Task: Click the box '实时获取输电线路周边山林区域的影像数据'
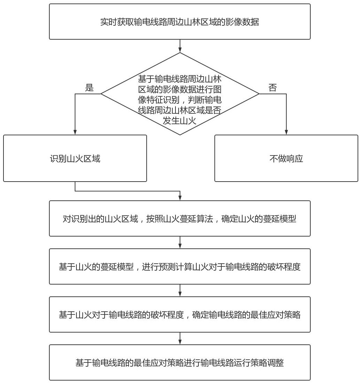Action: [x=180, y=22]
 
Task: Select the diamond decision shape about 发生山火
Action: [x=180, y=94]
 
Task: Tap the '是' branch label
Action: [x=89, y=87]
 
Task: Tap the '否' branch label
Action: [x=273, y=87]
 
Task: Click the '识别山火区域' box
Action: [x=75, y=158]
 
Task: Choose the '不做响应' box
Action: [x=286, y=158]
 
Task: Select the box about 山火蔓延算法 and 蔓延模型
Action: [x=180, y=218]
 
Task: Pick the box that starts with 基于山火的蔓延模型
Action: [x=180, y=266]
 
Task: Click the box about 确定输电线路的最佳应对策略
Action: [x=180, y=314]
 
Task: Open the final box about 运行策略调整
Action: [x=180, y=362]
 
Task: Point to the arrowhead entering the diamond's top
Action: [x=180, y=50]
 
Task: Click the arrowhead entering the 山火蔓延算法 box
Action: [x=180, y=198]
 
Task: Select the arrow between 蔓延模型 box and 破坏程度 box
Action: [x=180, y=242]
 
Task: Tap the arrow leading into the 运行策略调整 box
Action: [x=180, y=338]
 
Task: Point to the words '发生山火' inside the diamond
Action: [x=180, y=121]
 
